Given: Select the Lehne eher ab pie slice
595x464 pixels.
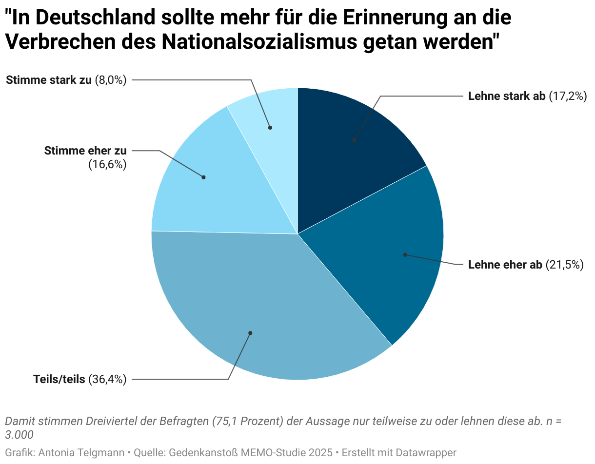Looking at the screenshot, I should (390, 253).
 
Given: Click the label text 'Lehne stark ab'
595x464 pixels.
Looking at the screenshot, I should (507, 96).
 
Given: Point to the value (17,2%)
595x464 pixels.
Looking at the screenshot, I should (567, 96).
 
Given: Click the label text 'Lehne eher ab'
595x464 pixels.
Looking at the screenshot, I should (505, 265).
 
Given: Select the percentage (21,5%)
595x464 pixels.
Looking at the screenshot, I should (564, 265).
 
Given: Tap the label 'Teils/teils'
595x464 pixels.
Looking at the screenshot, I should (59, 379).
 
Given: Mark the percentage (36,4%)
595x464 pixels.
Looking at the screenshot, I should (107, 379).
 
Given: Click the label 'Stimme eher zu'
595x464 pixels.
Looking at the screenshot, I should (85, 151).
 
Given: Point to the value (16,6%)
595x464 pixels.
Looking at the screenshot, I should (107, 165).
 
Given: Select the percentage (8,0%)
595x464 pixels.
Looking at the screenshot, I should (111, 80).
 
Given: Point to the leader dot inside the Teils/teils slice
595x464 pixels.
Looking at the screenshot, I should (250, 333).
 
